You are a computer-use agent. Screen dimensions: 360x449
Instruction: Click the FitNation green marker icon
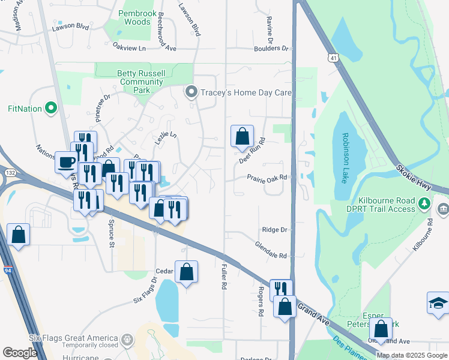(x=51, y=109)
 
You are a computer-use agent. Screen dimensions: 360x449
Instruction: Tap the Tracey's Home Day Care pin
(x=191, y=92)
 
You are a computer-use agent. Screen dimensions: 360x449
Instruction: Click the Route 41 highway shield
(x=333, y=57)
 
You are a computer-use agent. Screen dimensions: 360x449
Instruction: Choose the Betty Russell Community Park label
(x=142, y=82)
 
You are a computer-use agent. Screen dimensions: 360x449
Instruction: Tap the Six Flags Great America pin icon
(x=127, y=340)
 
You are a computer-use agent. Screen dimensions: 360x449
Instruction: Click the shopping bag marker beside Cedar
(x=187, y=271)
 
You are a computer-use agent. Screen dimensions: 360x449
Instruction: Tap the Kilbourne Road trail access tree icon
(x=425, y=205)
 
